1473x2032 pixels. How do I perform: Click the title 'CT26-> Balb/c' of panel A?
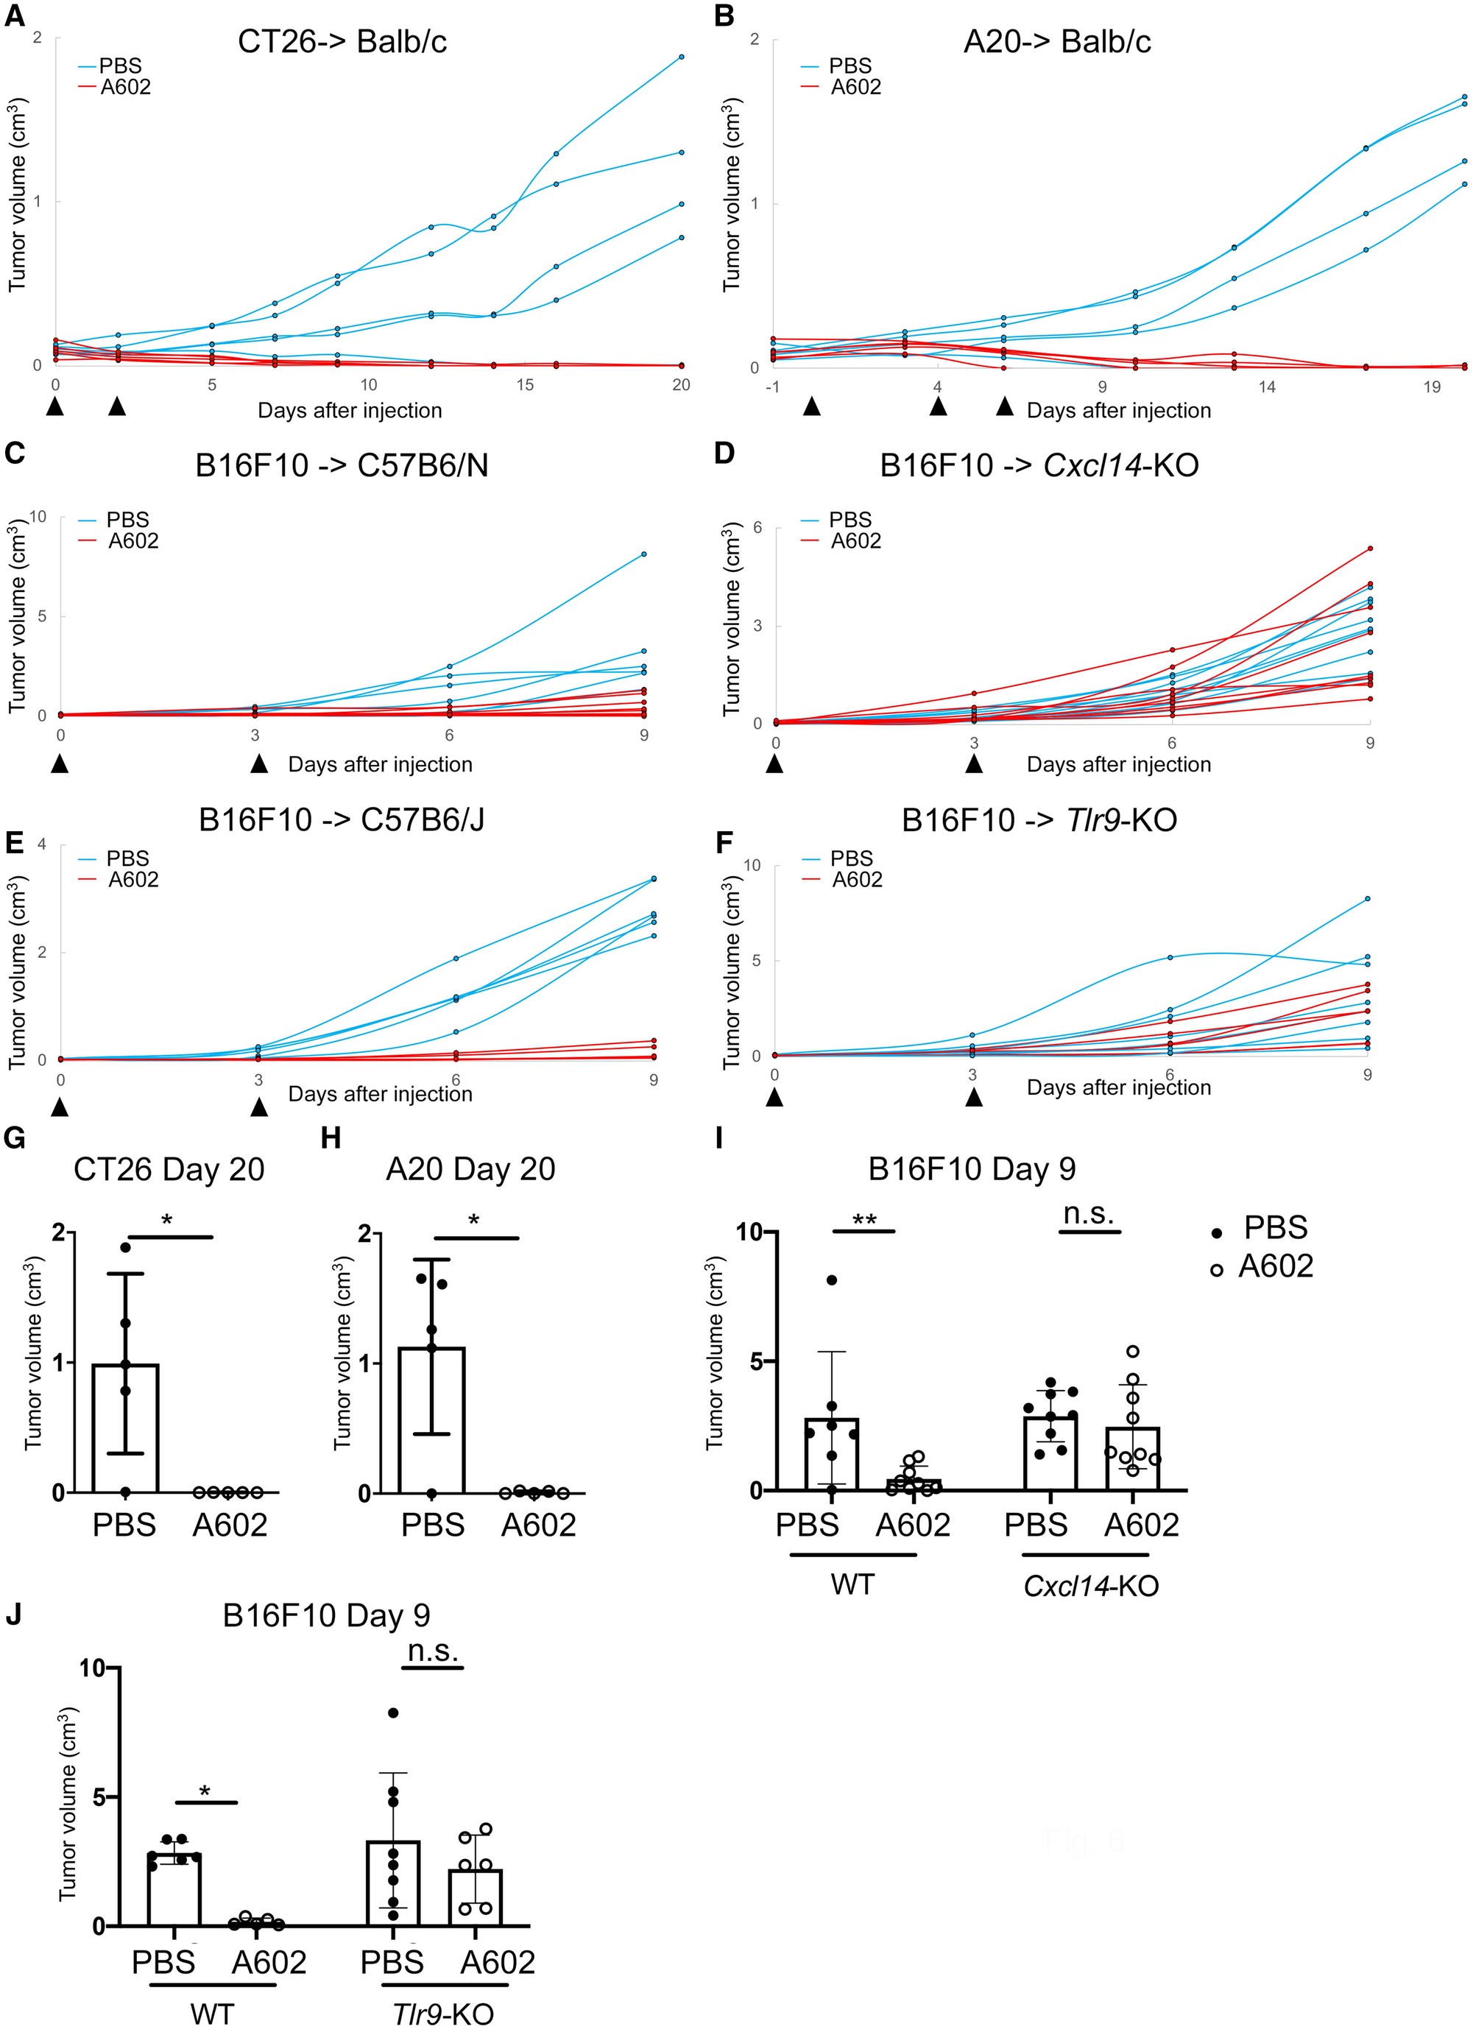(342, 42)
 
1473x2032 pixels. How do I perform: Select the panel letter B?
(724, 17)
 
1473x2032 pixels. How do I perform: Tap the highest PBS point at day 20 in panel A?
(682, 57)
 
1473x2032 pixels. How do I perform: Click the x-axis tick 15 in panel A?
(525, 385)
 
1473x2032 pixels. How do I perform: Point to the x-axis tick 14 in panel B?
(1267, 387)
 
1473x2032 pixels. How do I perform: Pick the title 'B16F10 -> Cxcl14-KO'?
(1039, 466)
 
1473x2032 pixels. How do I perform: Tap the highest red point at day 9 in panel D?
(1370, 548)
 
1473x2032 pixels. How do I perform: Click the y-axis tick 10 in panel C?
(38, 517)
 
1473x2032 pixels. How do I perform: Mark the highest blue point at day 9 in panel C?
(644, 554)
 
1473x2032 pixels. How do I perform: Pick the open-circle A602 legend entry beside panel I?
(1263, 1266)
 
